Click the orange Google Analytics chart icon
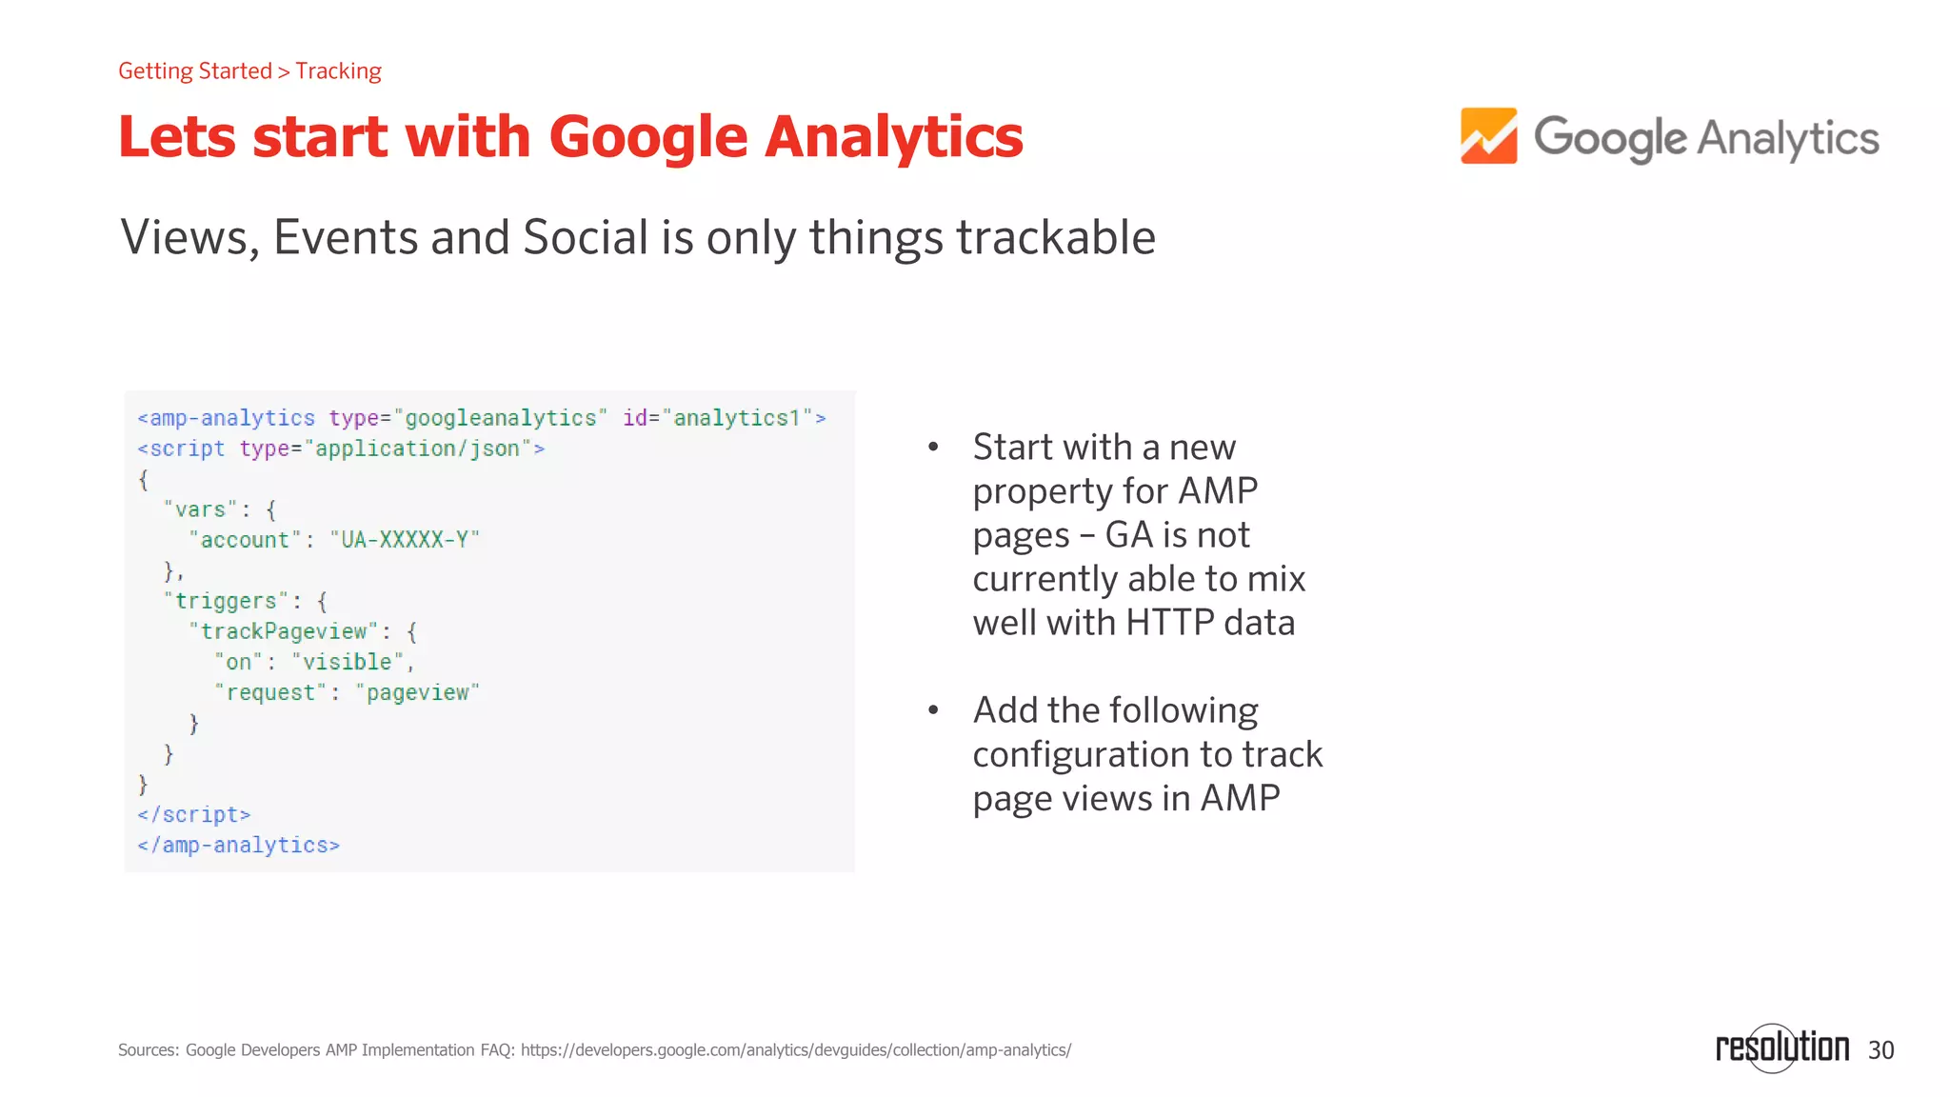[x=1488, y=136]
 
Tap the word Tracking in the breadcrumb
[x=338, y=71]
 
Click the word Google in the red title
[x=648, y=137]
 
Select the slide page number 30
[x=1880, y=1050]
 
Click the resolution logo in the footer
[x=1781, y=1047]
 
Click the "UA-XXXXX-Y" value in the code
[x=405, y=540]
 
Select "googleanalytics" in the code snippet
[x=501, y=418]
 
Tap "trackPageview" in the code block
[x=284, y=631]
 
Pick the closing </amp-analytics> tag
[x=238, y=845]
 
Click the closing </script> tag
[x=194, y=814]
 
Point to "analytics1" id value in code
[x=737, y=418]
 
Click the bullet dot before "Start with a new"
[x=934, y=447]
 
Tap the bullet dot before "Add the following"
[x=934, y=709]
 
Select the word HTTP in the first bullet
[x=1169, y=623]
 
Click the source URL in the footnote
[x=795, y=1050]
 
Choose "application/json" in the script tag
[x=417, y=449]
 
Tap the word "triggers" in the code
[x=227, y=601]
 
